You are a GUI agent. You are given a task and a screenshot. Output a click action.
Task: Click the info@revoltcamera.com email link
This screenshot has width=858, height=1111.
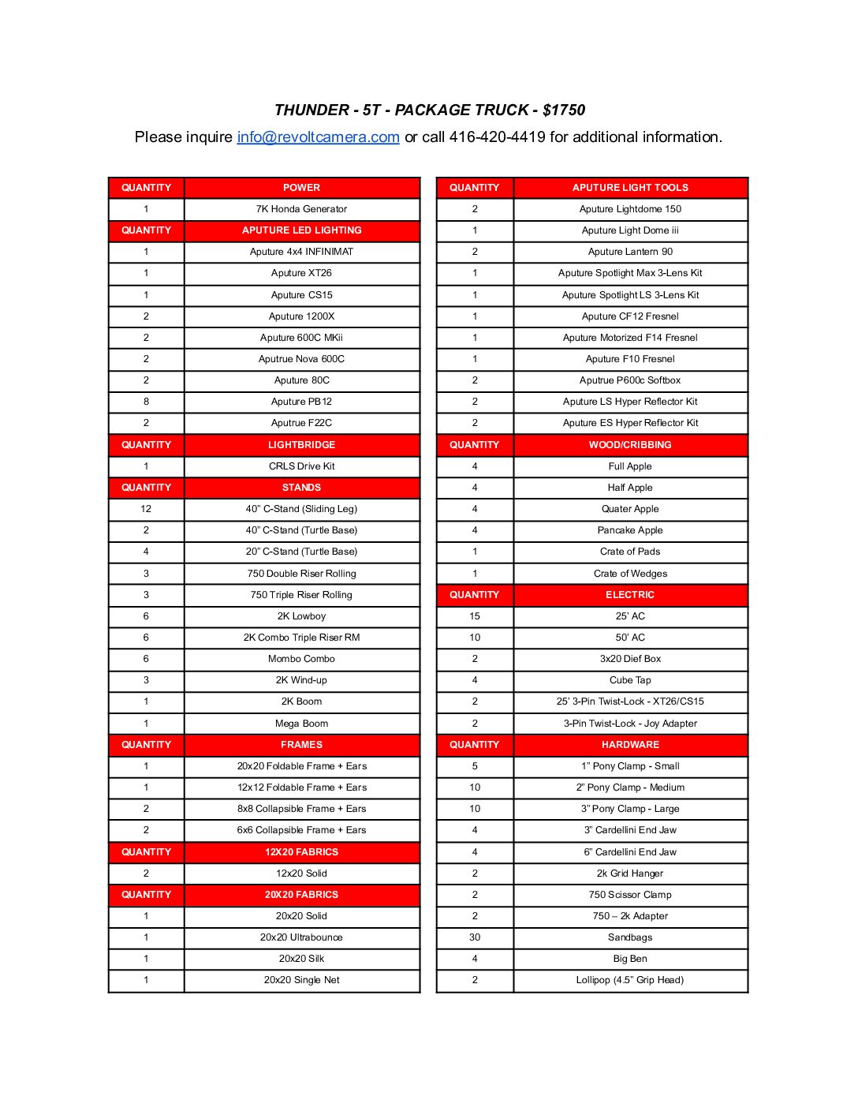click(x=318, y=137)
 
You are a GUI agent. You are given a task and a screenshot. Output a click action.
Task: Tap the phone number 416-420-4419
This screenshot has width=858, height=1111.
click(x=497, y=137)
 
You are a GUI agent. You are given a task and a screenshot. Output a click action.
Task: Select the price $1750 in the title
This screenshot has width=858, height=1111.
click(x=564, y=110)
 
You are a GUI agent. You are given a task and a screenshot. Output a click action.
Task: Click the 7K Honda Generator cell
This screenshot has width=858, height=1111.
click(x=301, y=209)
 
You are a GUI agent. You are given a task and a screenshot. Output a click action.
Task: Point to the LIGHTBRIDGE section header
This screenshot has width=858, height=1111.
click(x=301, y=445)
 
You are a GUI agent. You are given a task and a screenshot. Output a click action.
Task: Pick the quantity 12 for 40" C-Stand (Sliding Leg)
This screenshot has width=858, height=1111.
click(x=146, y=509)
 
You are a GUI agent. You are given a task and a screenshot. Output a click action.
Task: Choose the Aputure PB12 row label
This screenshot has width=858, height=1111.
click(x=301, y=402)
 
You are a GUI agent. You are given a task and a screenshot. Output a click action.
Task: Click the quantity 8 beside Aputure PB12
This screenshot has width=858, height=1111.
click(x=146, y=402)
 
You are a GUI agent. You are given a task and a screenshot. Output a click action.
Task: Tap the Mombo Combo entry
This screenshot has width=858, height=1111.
click(x=301, y=659)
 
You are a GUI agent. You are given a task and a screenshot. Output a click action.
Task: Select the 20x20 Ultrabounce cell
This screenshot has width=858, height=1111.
click(x=301, y=937)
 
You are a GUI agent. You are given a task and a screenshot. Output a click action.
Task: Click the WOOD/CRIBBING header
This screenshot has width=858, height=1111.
click(x=630, y=445)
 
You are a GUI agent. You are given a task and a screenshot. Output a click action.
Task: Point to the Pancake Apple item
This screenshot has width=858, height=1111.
click(x=630, y=530)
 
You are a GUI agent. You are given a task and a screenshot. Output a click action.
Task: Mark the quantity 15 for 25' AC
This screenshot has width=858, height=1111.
click(x=475, y=616)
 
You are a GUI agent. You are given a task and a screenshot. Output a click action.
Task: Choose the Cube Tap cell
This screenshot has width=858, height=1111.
click(x=630, y=680)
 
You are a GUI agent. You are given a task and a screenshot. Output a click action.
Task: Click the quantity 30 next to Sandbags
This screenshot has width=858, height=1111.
click(x=475, y=937)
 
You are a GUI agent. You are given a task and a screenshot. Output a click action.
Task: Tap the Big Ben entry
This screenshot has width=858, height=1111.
click(x=630, y=959)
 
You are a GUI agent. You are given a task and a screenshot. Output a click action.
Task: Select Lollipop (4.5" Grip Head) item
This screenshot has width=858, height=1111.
click(x=630, y=980)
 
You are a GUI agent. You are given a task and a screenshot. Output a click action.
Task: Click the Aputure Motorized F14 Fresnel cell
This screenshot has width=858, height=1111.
click(x=630, y=338)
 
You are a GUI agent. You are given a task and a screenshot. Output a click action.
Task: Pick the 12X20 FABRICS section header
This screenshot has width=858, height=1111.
click(x=301, y=852)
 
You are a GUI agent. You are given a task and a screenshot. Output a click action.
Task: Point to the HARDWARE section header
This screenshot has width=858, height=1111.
click(x=630, y=745)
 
